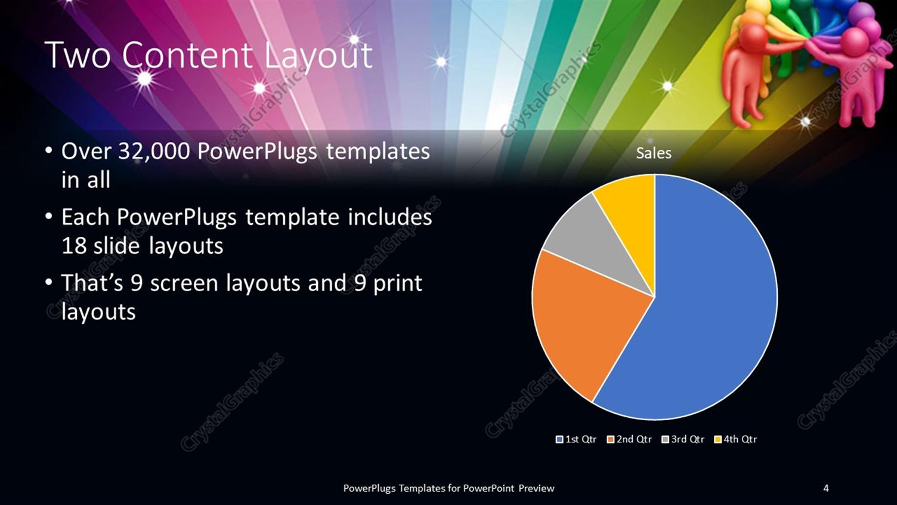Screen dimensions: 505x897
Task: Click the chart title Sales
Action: [654, 153]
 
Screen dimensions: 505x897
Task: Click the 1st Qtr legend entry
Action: [576, 439]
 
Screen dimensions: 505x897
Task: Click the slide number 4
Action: [826, 488]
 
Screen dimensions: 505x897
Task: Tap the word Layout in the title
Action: [318, 56]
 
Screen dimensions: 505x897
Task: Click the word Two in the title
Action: [78, 56]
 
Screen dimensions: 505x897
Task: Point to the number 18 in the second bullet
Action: [74, 246]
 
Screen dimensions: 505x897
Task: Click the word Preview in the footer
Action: [536, 488]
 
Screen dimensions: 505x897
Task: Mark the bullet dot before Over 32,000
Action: [49, 150]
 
